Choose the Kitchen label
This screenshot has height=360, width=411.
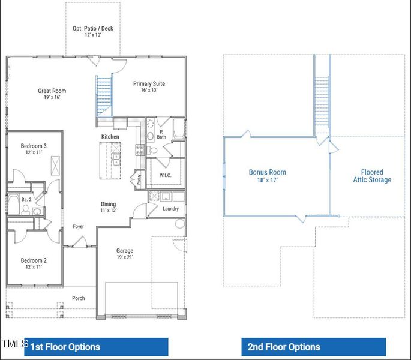tap(110, 137)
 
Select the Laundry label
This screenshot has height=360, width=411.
tap(171, 209)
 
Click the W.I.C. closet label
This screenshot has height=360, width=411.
tap(166, 176)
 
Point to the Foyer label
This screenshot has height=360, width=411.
tap(79, 226)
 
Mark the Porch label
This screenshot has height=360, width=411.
tap(79, 298)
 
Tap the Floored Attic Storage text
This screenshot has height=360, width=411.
tap(372, 176)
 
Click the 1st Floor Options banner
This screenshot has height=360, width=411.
tap(96, 347)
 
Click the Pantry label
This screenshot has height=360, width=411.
tap(139, 178)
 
